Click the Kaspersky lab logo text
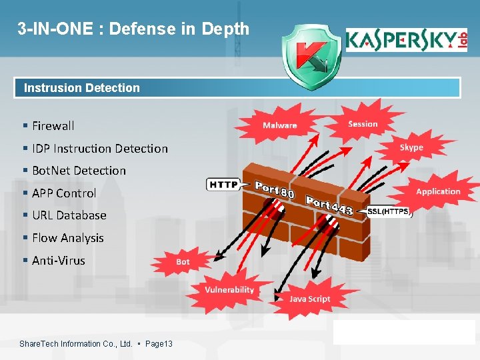click(405, 41)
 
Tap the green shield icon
click(309, 58)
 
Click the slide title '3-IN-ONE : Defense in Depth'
click(133, 29)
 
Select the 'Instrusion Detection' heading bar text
click(82, 87)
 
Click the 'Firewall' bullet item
click(53, 125)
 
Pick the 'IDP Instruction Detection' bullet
click(99, 148)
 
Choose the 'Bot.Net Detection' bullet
click(79, 170)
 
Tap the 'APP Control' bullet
click(64, 193)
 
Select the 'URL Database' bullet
click(69, 215)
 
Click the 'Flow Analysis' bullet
click(67, 238)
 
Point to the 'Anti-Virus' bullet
click(58, 261)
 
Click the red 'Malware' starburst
click(279, 125)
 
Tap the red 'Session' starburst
click(363, 123)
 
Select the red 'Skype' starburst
click(411, 147)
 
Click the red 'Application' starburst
click(438, 191)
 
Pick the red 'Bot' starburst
click(183, 262)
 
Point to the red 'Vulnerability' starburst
click(229, 289)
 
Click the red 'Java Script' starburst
click(309, 299)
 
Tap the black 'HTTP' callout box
click(223, 184)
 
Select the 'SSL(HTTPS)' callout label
click(389, 212)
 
